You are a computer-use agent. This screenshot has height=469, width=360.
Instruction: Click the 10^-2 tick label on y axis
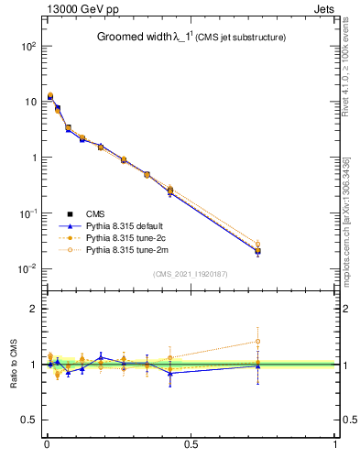27,268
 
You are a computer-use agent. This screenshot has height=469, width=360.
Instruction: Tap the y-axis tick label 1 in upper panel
32,157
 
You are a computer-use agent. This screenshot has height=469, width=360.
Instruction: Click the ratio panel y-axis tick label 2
33,309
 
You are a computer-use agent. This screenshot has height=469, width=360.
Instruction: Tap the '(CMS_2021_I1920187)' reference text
191,274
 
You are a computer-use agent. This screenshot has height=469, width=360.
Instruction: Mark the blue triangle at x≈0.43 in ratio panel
170,373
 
